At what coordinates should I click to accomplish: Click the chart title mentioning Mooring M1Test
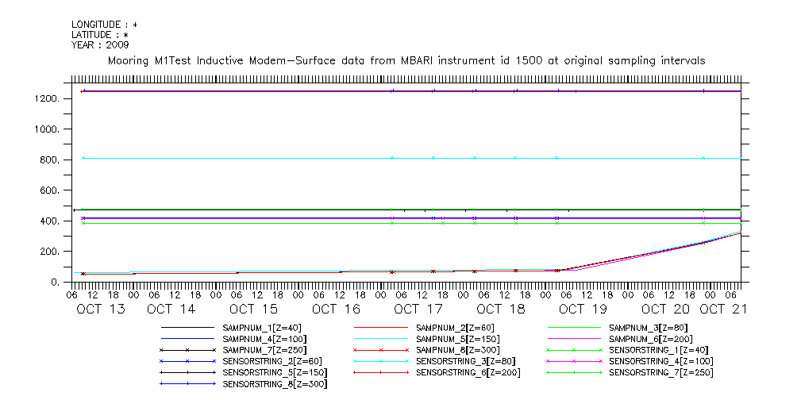(406, 60)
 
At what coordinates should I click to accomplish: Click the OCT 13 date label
(101, 309)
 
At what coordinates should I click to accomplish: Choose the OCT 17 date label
(418, 309)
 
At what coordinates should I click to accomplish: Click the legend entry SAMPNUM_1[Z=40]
(262, 328)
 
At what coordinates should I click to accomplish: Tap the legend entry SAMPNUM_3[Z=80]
(648, 328)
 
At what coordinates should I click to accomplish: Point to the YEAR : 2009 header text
(99, 44)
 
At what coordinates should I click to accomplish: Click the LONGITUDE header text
(104, 25)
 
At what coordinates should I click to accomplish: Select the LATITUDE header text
(100, 35)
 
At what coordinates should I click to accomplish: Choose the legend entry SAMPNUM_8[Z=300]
(457, 350)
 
